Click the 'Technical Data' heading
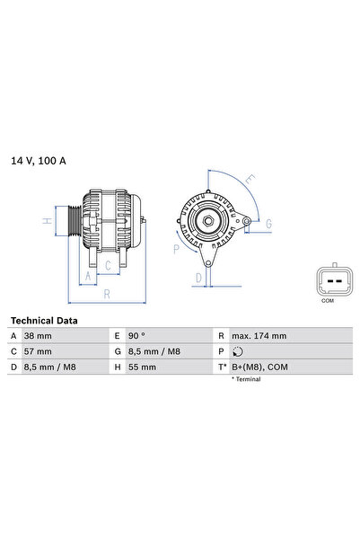(43, 320)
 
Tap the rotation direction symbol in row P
(235, 351)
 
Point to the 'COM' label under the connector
(327, 301)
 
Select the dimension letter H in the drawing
(46, 220)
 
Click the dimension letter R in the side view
(107, 294)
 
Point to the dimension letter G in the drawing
(268, 222)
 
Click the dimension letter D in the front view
(198, 279)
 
